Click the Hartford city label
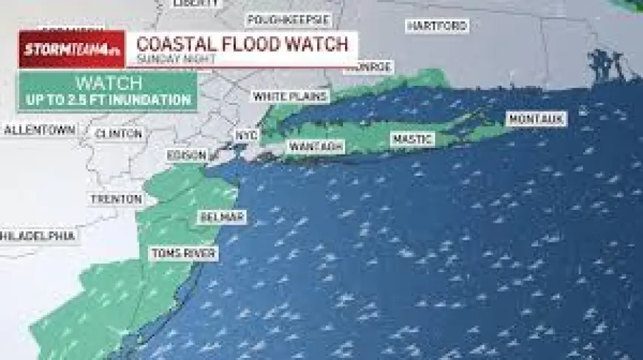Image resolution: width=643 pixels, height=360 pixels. click(438, 26)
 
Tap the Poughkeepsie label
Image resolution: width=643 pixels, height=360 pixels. click(285, 20)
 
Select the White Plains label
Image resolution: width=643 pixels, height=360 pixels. click(290, 96)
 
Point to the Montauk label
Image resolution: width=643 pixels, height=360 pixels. click(537, 118)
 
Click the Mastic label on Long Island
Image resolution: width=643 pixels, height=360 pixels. click(412, 139)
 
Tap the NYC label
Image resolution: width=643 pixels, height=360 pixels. click(245, 135)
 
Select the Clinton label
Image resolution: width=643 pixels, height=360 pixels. click(119, 134)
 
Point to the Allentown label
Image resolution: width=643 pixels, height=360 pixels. click(40, 130)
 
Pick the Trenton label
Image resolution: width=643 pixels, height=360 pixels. click(116, 199)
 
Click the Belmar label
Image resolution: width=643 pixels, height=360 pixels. click(222, 217)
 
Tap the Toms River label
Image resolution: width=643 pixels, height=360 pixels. click(184, 254)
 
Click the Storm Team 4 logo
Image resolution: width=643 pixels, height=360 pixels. click(72, 50)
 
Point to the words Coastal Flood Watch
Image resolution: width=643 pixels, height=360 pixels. click(242, 44)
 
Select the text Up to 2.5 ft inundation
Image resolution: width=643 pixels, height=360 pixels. click(108, 100)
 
